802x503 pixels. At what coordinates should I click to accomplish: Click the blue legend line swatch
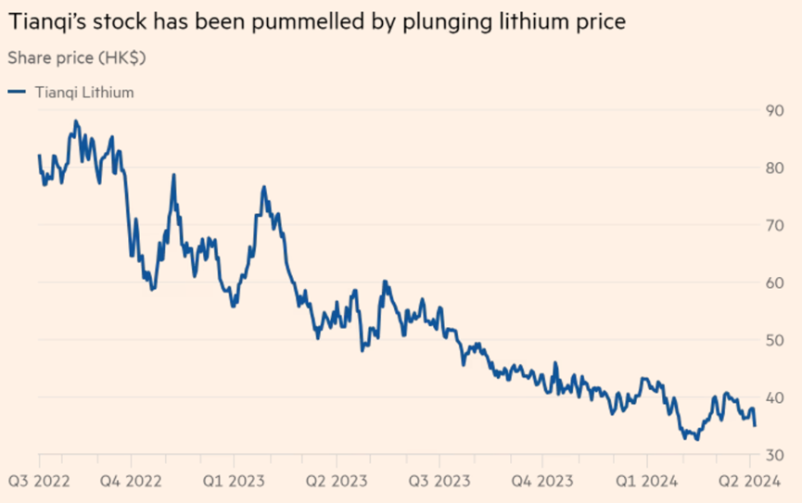(17, 92)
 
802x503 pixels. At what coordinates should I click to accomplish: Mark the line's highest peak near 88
(76, 121)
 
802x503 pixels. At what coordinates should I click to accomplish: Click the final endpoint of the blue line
(755, 425)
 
